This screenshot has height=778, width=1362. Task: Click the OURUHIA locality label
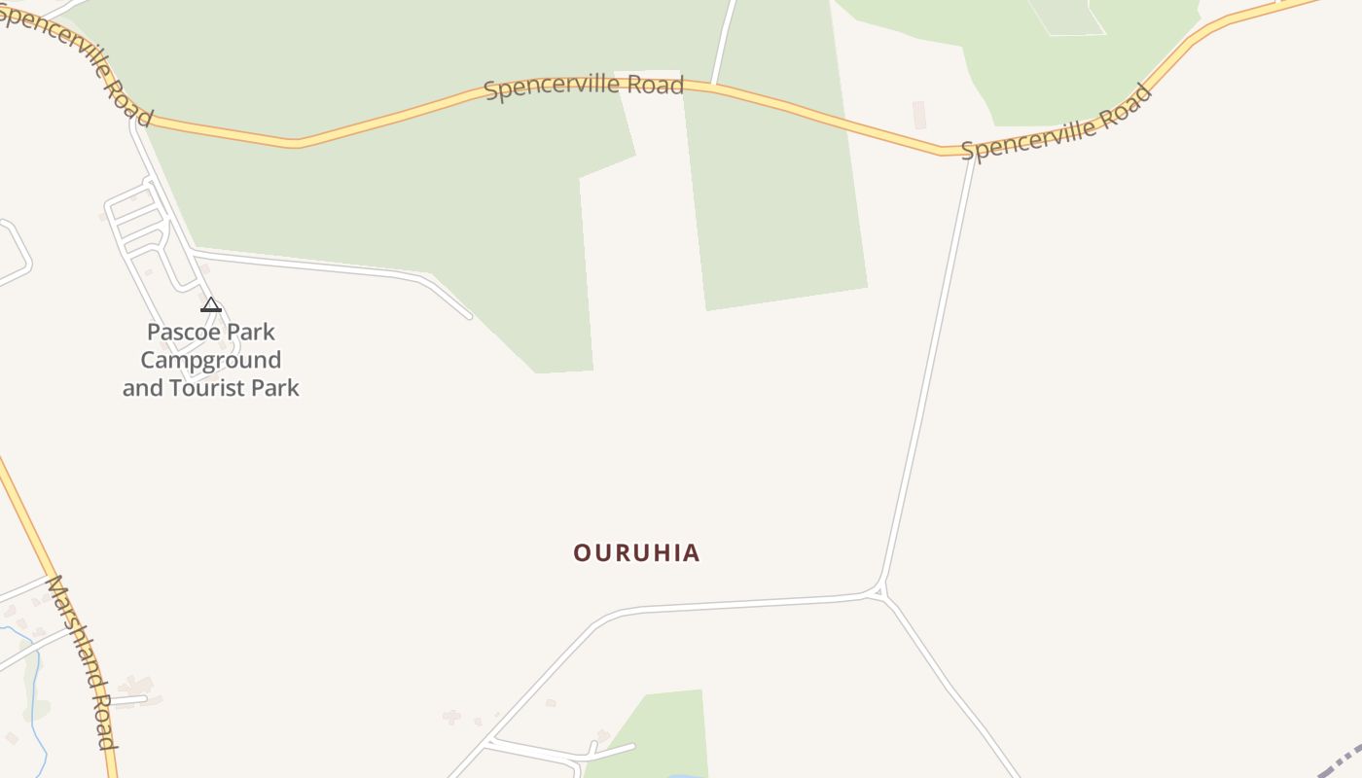(x=636, y=553)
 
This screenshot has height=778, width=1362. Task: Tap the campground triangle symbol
(x=211, y=305)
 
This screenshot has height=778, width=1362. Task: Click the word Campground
(x=211, y=360)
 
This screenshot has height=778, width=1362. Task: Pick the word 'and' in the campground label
(x=143, y=388)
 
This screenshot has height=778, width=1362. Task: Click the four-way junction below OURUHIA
(x=878, y=591)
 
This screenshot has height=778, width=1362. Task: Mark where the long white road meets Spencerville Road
(x=973, y=155)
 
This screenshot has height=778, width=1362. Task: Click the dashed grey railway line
(x=1343, y=759)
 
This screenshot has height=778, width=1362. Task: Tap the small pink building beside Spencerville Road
(x=919, y=115)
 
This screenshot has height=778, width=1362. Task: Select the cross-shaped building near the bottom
(x=451, y=717)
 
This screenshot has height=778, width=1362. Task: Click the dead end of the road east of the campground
(x=469, y=316)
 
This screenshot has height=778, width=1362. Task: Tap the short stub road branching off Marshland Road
(x=129, y=699)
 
